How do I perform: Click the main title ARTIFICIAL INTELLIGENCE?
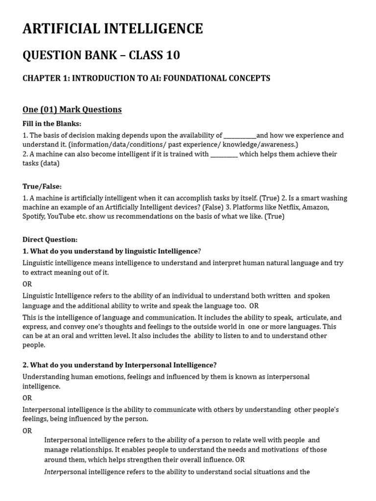point(113,29)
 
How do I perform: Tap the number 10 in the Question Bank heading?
point(171,56)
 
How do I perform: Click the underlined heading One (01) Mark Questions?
point(72,110)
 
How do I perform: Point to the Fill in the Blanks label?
point(52,124)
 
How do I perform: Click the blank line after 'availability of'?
point(240,136)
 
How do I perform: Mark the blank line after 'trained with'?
point(224,154)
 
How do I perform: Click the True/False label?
point(42,186)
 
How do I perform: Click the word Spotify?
point(33,217)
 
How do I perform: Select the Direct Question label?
point(50,240)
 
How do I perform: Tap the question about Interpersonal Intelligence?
point(119,365)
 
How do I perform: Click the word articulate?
point(313,318)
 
